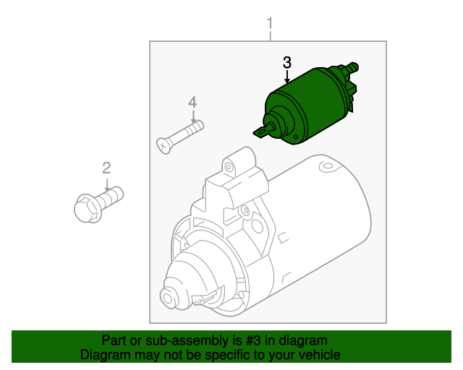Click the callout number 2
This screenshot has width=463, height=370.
point(106,168)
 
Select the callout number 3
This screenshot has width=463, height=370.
point(287,62)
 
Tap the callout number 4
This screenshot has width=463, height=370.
point(192,102)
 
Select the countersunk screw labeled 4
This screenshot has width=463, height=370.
point(180,136)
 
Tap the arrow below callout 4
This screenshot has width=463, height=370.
point(192,116)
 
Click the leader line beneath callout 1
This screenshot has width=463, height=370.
point(270,35)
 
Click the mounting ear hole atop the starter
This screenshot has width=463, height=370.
point(229,167)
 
